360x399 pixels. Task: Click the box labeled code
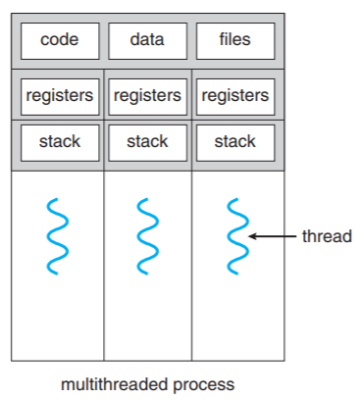[x=59, y=41]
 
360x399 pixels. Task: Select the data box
[x=147, y=41]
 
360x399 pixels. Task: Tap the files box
[x=235, y=41]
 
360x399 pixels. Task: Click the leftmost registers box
[x=59, y=96]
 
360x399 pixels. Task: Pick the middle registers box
[x=147, y=96]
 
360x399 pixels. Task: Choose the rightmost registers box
[x=235, y=96]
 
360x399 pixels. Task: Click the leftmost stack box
[x=59, y=141]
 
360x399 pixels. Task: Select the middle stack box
[x=147, y=141]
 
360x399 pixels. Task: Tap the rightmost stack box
[x=235, y=141]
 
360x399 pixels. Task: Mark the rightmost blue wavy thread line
[x=235, y=235]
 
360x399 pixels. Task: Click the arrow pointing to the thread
[x=273, y=236]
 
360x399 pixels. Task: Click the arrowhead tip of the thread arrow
[x=251, y=236]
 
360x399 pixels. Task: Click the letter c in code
[x=44, y=41]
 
